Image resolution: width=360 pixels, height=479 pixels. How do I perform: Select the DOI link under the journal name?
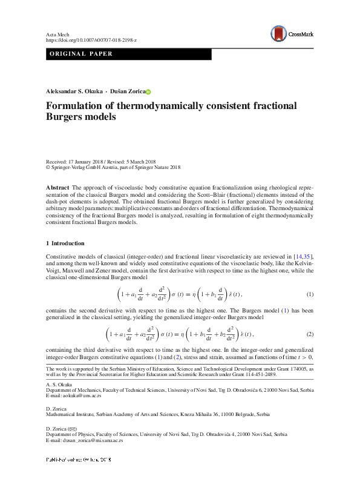click(x=91, y=39)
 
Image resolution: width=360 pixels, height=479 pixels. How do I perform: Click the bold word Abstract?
click(x=58, y=188)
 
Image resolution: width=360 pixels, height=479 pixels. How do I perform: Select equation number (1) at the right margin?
click(x=310, y=294)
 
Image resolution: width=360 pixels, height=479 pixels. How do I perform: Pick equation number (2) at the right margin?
click(x=310, y=334)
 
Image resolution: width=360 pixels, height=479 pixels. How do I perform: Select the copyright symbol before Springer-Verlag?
click(x=48, y=168)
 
